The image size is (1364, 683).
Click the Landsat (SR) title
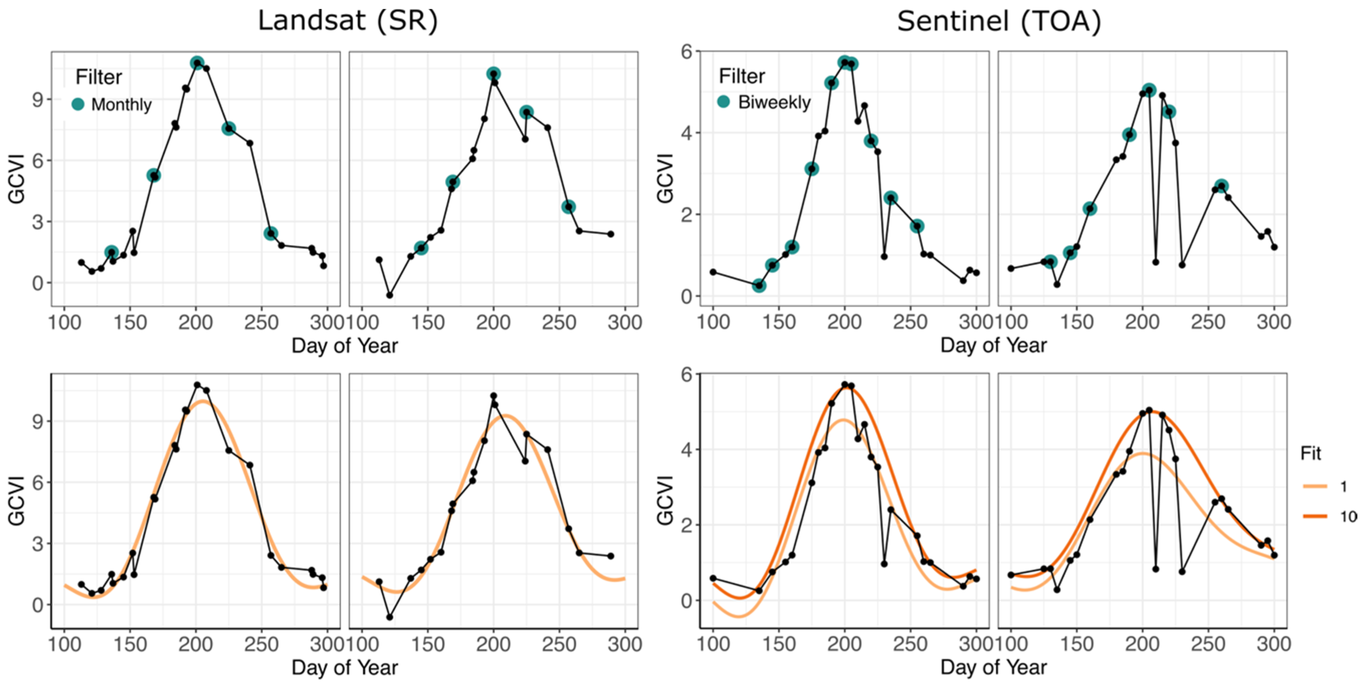pyautogui.click(x=348, y=21)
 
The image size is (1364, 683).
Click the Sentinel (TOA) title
pyautogui.click(x=999, y=21)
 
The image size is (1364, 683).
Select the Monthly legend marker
pyautogui.click(x=78, y=104)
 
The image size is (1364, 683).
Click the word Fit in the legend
pyautogui.click(x=1311, y=453)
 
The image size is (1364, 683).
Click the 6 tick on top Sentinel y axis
pyautogui.click(x=686, y=52)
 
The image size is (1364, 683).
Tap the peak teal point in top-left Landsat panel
pyautogui.click(x=197, y=63)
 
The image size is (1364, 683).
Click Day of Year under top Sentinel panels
pyautogui.click(x=993, y=345)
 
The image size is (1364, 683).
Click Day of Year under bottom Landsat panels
pyautogui.click(x=345, y=668)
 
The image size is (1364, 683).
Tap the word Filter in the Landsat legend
pyautogui.click(x=99, y=77)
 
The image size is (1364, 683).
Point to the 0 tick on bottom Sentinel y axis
pyautogui.click(x=686, y=601)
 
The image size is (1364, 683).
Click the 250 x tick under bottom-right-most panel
pyautogui.click(x=1208, y=644)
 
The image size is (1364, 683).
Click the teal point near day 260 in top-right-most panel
pyautogui.click(x=1222, y=186)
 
